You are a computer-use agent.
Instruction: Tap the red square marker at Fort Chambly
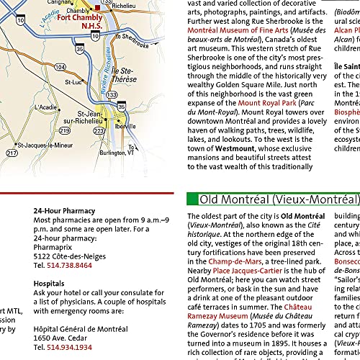click(x=98, y=8)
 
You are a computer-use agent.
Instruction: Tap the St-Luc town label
click(x=73, y=82)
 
